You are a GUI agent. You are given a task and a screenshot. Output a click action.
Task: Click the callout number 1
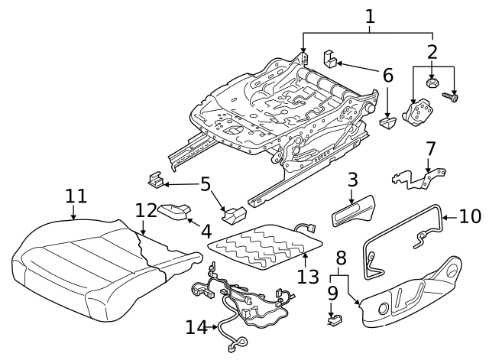(x=370, y=15)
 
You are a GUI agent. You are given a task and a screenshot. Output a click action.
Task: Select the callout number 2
(x=432, y=52)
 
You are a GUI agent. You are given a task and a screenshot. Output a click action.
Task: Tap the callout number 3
(x=352, y=180)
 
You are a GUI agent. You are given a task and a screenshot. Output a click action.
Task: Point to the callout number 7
(x=430, y=148)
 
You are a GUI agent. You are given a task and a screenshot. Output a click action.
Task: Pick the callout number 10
(x=471, y=217)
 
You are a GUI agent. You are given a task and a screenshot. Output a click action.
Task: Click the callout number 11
(x=75, y=196)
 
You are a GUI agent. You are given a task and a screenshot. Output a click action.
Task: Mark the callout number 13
(x=309, y=275)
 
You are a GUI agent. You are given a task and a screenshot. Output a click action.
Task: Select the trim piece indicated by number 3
(x=355, y=212)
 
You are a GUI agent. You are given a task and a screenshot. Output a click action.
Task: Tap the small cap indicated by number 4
(x=174, y=209)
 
